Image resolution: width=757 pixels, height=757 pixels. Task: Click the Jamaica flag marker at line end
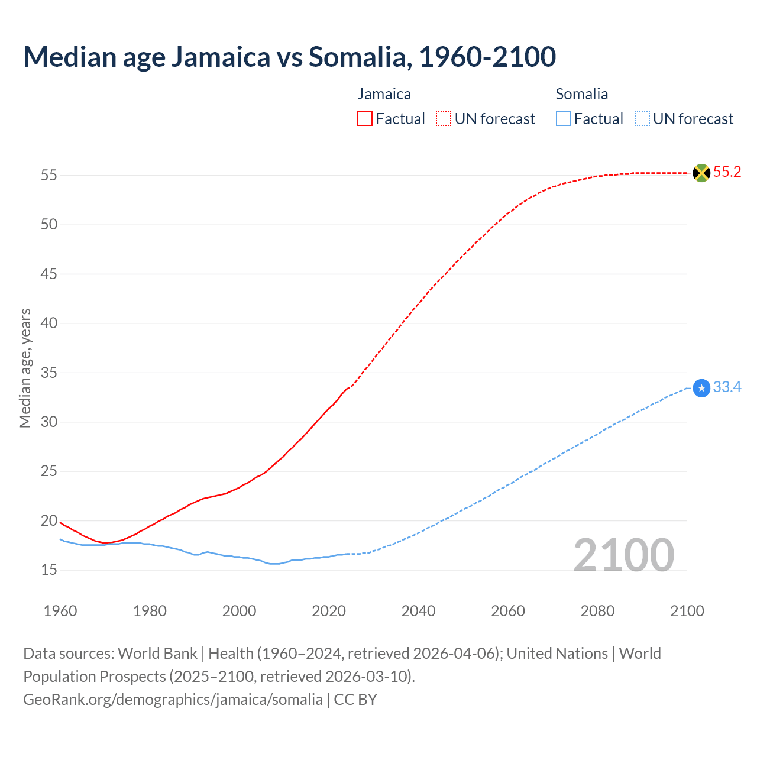(701, 173)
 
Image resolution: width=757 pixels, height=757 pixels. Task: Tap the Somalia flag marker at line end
(701, 388)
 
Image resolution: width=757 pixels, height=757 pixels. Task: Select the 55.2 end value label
(727, 172)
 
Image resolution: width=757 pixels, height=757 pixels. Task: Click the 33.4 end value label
(727, 387)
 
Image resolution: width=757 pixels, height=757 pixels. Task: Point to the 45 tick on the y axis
(49, 274)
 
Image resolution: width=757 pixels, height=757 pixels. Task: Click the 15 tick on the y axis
(49, 570)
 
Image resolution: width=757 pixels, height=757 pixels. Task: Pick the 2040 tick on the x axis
(418, 611)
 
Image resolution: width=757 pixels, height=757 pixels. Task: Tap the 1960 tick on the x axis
(60, 611)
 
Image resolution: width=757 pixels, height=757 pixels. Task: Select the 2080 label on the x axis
(597, 611)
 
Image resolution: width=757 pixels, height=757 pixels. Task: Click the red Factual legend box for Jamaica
(365, 119)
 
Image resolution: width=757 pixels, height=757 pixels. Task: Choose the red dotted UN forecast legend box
(444, 119)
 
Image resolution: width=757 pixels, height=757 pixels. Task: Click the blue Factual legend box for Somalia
(563, 119)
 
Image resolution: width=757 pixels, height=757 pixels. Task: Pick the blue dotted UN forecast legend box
(642, 119)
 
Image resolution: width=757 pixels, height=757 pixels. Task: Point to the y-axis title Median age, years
(25, 368)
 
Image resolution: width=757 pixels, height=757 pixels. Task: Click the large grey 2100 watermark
(623, 555)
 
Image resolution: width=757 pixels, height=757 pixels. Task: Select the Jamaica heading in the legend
(384, 94)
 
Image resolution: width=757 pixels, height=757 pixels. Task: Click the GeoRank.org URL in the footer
(173, 700)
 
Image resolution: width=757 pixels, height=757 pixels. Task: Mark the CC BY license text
(355, 700)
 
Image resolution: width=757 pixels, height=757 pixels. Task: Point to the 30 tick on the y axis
(49, 422)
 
